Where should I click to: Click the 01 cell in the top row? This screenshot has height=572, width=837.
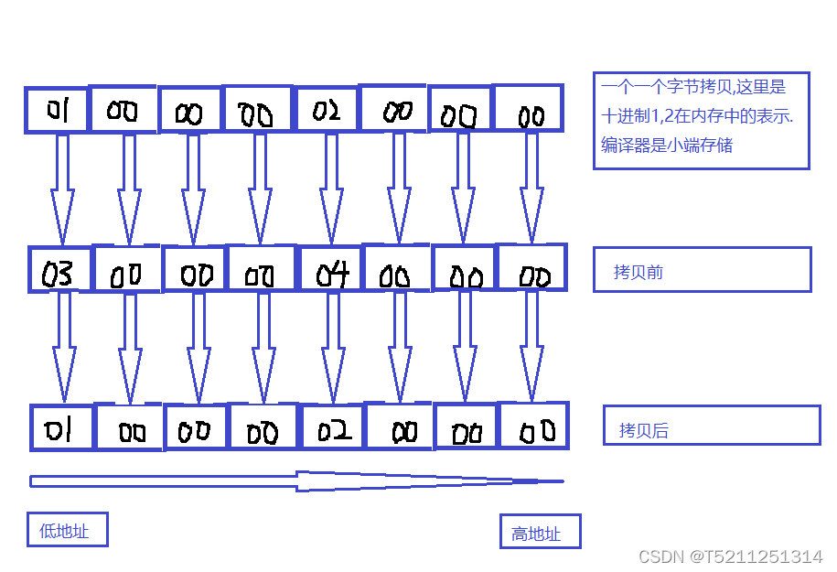57,111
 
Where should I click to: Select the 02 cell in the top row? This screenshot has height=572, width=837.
327,111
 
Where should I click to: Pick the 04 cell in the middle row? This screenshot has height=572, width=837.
331,271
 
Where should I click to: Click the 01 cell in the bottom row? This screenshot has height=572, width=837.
62,428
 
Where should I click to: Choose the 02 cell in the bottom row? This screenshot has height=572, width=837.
333,428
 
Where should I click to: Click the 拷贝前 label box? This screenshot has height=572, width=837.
702,270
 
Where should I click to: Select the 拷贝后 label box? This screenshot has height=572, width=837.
711,426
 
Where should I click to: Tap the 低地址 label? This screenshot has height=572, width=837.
67,530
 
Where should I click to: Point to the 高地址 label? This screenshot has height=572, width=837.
540,532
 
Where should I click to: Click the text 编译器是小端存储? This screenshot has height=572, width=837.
667,146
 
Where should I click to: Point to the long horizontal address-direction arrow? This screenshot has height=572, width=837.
296,481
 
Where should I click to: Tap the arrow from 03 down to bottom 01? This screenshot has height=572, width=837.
64,348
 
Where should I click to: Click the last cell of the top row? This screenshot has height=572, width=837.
528,109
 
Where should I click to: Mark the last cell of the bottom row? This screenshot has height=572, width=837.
533,426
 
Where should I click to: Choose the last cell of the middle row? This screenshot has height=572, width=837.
531,268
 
